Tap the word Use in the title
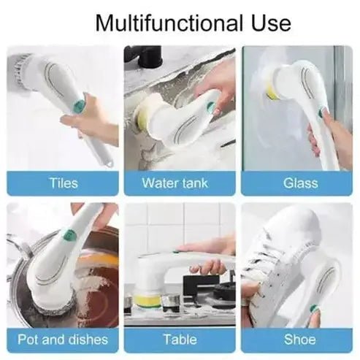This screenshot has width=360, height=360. click(267, 23)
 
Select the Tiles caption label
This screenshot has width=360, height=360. click(64, 183)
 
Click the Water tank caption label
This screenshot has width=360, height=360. click(179, 183)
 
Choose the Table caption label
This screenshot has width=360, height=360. click(180, 340)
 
